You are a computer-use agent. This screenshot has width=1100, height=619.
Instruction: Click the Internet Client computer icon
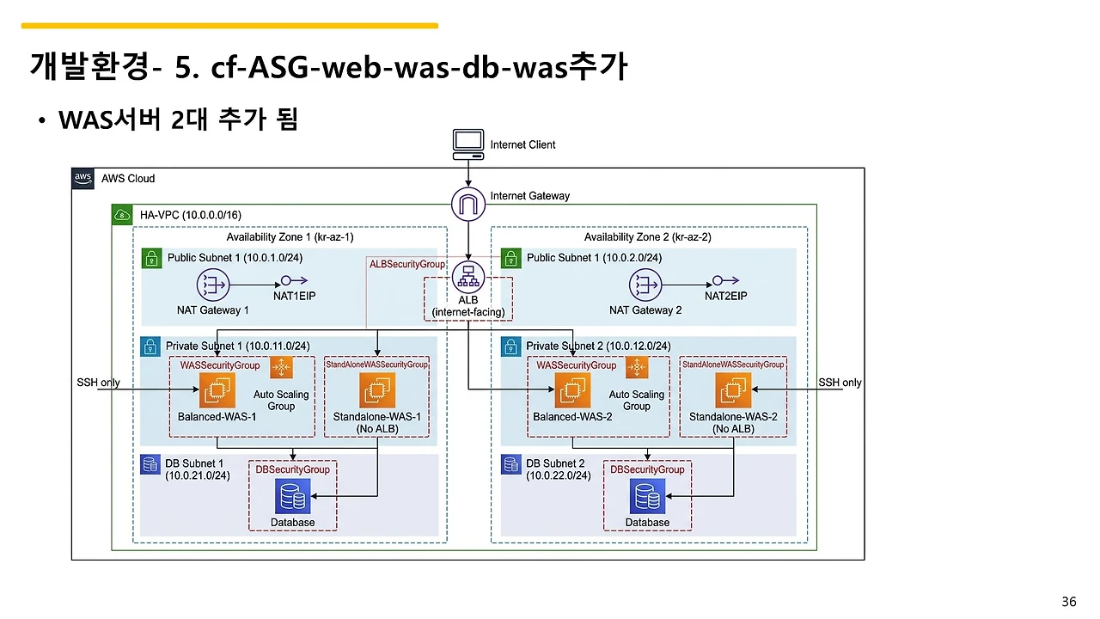coord(468,143)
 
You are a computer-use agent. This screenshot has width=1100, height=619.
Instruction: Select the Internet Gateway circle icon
coord(468,204)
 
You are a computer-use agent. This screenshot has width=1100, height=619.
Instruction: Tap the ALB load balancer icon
coord(468,277)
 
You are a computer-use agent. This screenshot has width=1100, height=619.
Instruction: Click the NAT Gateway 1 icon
coord(212,285)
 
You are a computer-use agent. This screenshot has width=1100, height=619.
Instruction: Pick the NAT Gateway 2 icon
coord(645,285)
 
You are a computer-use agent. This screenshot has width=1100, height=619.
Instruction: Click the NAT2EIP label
coord(726,296)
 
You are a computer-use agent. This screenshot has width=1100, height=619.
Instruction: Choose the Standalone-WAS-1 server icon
coord(376,391)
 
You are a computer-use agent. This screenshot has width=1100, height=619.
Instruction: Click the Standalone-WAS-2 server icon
coord(732,391)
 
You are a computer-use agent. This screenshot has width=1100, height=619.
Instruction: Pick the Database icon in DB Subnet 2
coord(647,498)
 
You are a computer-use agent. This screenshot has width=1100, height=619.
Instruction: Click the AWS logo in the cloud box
coord(83,178)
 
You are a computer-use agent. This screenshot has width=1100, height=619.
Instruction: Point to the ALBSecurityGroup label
coord(407,265)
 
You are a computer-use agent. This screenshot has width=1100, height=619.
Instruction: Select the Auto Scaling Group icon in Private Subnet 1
coord(281,368)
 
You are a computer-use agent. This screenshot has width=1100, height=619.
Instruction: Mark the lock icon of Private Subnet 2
coord(510,346)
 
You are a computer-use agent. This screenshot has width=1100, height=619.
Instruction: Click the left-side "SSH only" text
coord(98,383)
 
